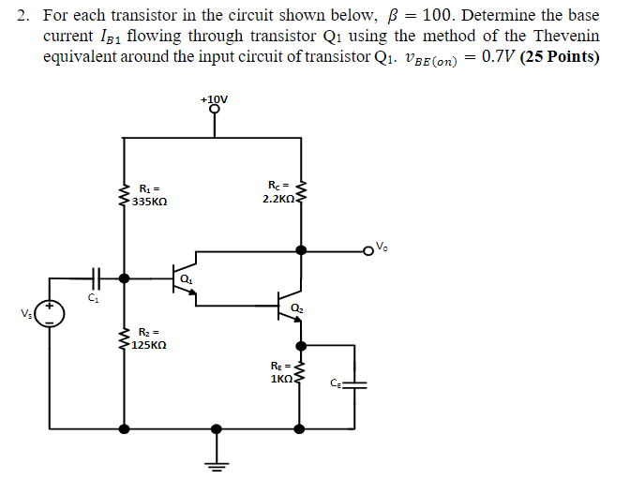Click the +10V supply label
pos(215,98)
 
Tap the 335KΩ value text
pos(150,202)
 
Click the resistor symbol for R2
pos(123,338)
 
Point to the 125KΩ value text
pos(150,345)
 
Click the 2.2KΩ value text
pos(279,199)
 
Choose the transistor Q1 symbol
pos(185,278)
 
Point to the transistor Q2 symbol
pos(290,305)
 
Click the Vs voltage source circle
pos(52,313)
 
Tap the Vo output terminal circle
pos(370,250)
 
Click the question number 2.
pos(22,15)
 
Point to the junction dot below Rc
pos(301,250)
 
